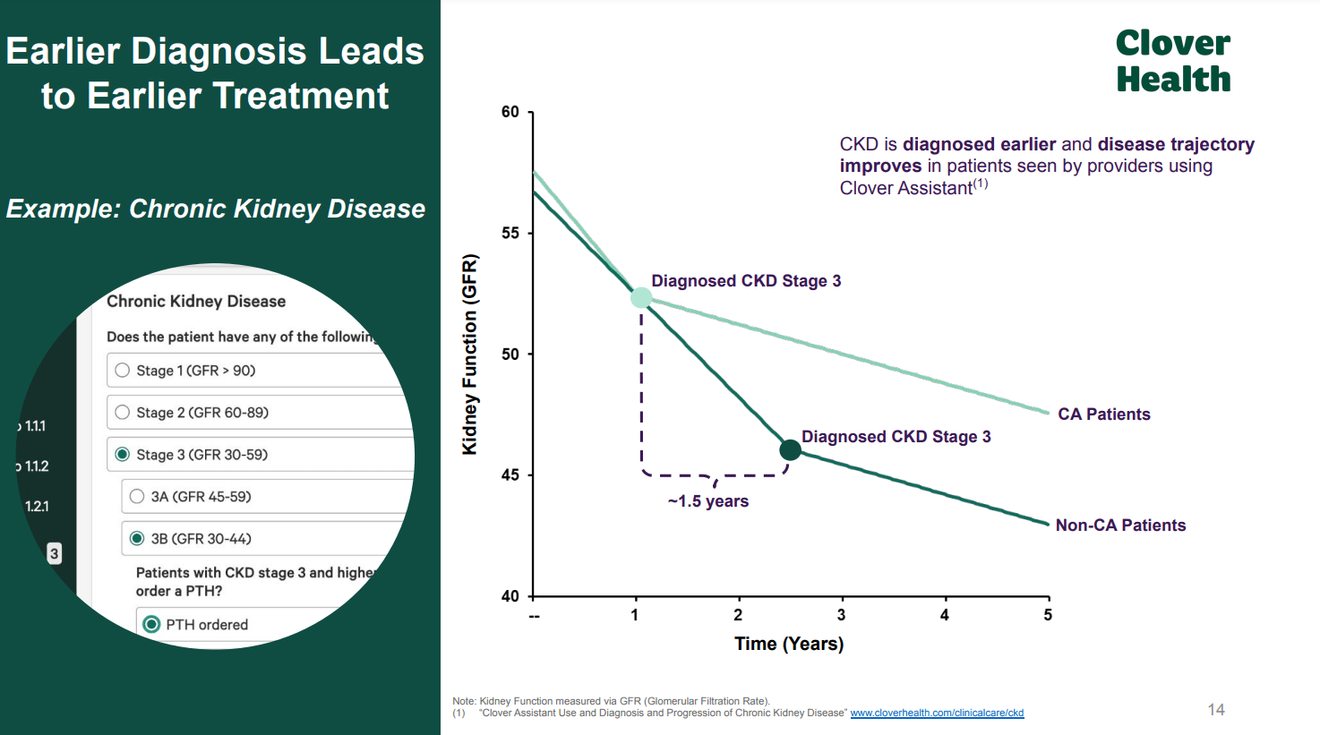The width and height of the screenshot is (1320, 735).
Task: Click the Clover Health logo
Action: click(1172, 61)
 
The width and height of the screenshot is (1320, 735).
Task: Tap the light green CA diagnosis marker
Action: click(641, 298)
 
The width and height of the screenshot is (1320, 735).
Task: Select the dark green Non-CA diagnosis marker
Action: click(790, 450)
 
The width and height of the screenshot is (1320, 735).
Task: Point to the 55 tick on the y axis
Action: click(510, 234)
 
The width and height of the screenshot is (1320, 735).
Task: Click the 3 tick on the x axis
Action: click(841, 615)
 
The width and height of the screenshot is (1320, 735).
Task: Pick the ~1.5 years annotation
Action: click(707, 501)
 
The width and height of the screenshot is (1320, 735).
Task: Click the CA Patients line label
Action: click(1103, 415)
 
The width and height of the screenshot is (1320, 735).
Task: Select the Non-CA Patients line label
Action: click(1120, 526)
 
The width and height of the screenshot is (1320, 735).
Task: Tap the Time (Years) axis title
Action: click(789, 644)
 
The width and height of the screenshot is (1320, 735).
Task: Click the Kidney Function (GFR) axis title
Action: click(470, 355)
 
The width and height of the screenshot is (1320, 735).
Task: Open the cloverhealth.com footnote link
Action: click(937, 714)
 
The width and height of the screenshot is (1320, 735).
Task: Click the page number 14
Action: click(1215, 710)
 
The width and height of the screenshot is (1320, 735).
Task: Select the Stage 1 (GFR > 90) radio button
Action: click(123, 371)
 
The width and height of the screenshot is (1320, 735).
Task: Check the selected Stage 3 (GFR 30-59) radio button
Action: click(123, 455)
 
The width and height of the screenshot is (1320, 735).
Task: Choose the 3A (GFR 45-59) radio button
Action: click(137, 497)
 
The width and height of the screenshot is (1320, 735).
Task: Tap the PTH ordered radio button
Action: click(151, 625)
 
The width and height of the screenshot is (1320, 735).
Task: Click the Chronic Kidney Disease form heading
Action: click(196, 302)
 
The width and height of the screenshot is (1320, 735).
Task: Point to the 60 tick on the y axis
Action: click(510, 112)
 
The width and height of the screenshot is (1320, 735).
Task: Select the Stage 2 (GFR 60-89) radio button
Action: click(123, 413)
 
